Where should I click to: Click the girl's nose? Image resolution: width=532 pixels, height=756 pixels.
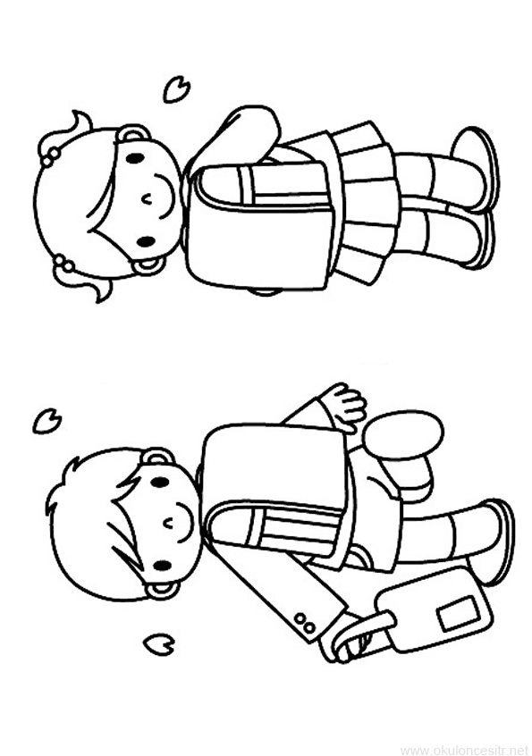(145, 197)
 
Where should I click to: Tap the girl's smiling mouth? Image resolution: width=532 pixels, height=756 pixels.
(165, 198)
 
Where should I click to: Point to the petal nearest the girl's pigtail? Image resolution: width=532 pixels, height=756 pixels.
(176, 88)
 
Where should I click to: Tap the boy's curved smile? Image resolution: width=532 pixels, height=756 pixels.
(186, 523)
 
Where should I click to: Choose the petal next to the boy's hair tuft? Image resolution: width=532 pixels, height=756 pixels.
(47, 422)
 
